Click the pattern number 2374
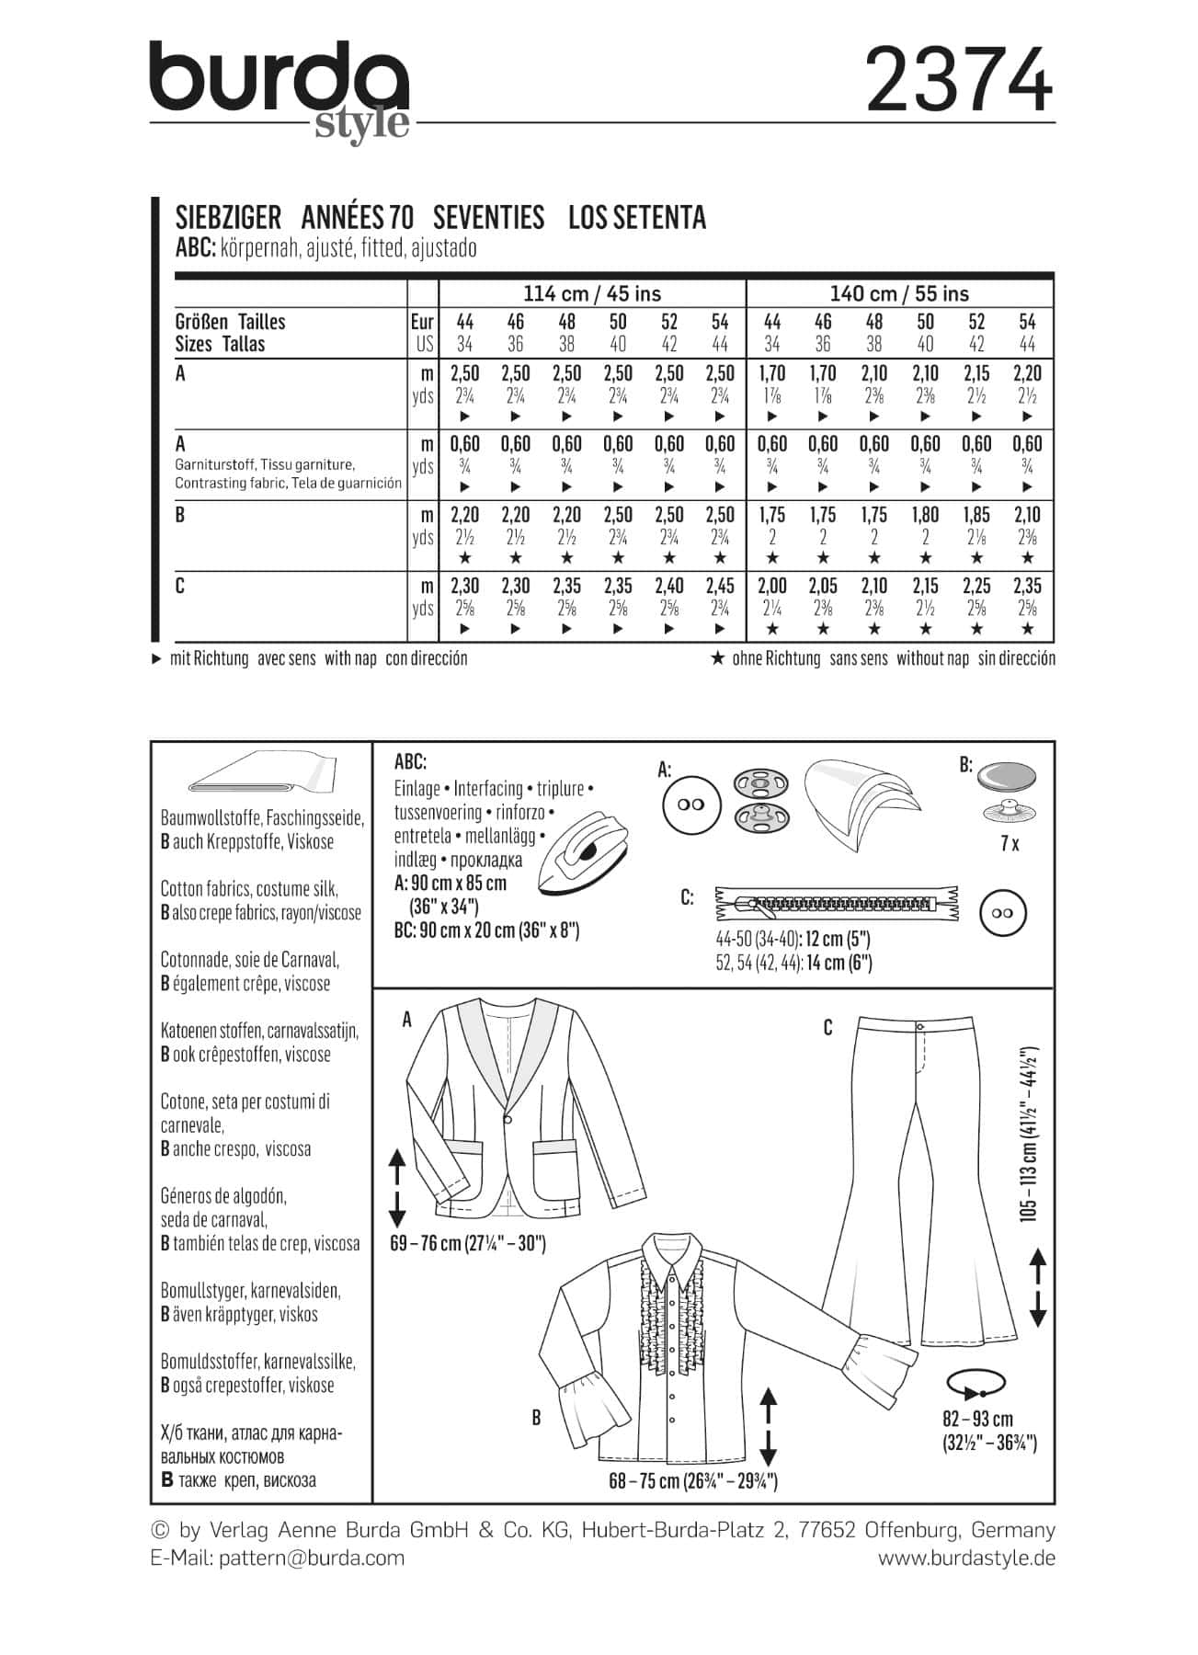(958, 80)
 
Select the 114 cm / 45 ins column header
(592, 294)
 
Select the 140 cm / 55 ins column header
(899, 294)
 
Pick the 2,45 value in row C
(720, 586)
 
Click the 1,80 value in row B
(925, 515)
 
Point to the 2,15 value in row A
(976, 373)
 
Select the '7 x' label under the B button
(1010, 843)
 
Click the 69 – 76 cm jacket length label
(468, 1244)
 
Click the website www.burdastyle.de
(966, 1558)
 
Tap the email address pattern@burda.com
(312, 1558)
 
